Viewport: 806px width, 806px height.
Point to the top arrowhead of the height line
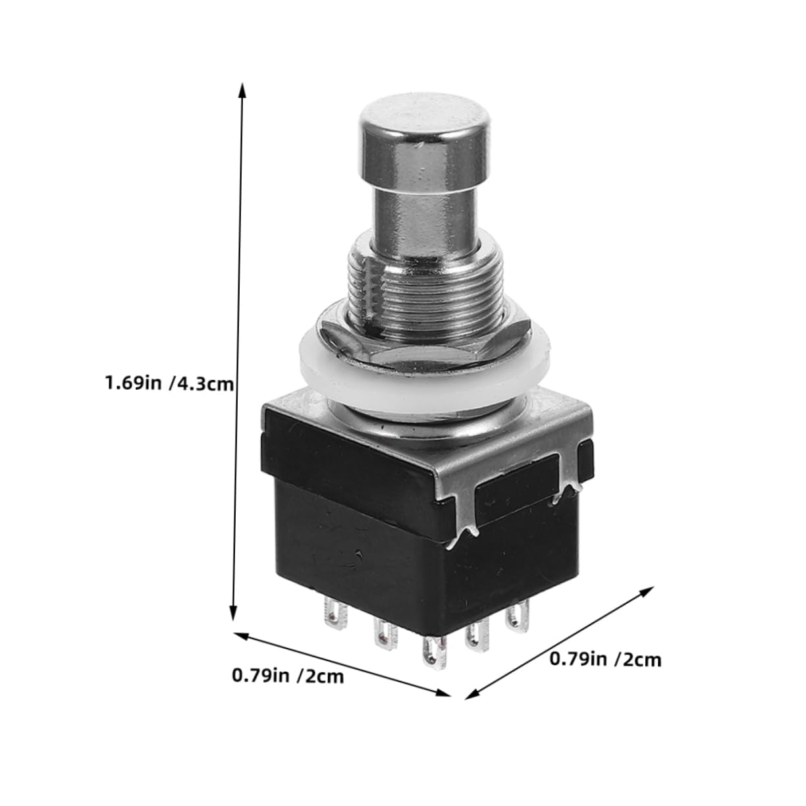click(x=242, y=90)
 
